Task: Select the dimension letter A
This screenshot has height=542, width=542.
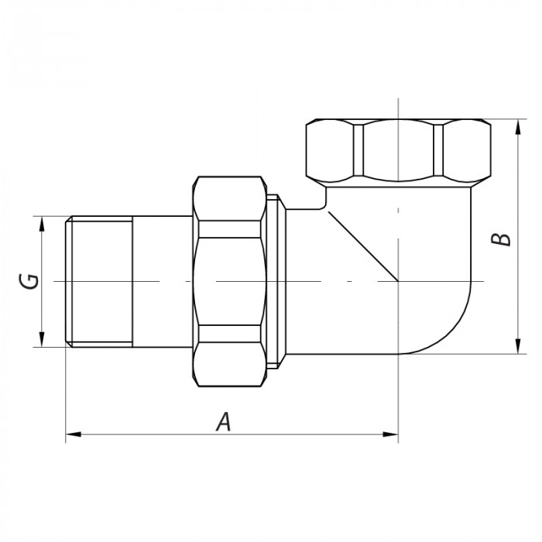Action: [x=223, y=421]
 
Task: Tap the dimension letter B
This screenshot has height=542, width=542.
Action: [x=503, y=236]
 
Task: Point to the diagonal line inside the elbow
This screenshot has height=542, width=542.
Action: [x=360, y=247]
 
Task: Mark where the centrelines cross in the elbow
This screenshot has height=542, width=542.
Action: [x=398, y=280]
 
